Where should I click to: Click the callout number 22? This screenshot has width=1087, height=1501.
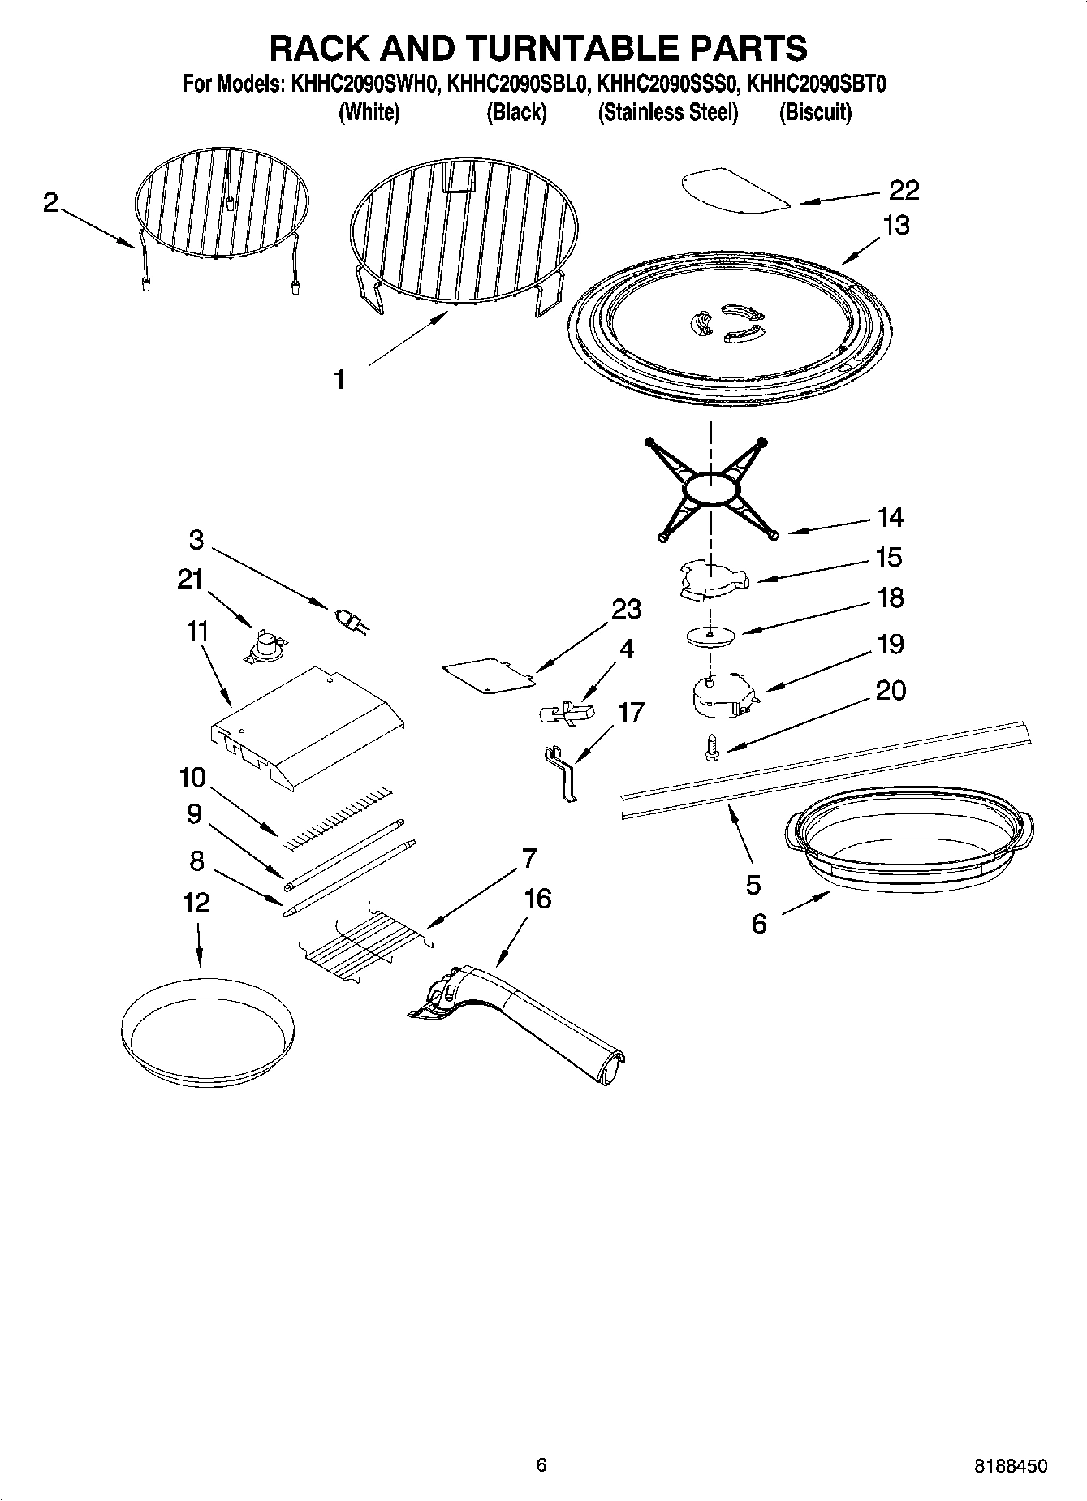pos(904,190)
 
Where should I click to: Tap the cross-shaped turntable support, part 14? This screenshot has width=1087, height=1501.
pos(711,490)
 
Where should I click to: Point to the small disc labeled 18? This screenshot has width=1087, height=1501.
pos(711,636)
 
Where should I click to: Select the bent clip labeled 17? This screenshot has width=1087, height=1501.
pos(563,775)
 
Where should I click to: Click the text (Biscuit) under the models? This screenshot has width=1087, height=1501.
pos(815,112)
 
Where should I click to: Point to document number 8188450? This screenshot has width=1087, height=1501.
pos(1010,1466)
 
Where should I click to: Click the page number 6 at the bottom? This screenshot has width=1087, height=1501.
pos(541,1464)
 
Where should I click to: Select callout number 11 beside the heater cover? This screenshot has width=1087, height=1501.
pos(197,631)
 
